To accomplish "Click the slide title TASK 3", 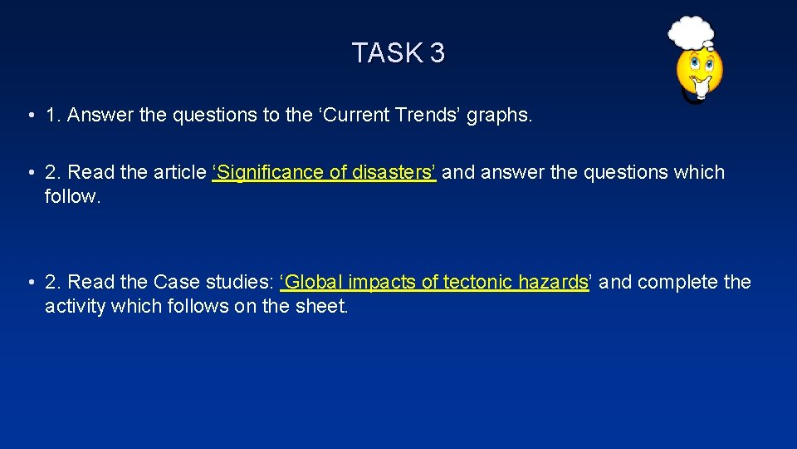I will pyautogui.click(x=398, y=53).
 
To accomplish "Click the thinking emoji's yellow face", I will pyautogui.click(x=700, y=70).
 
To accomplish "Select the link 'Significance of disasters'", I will pyautogui.click(x=324, y=173).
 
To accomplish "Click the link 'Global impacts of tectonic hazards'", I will pyautogui.click(x=435, y=283).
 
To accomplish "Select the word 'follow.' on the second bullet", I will pyautogui.click(x=73, y=196).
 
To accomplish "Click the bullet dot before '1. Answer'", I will pyautogui.click(x=29, y=116).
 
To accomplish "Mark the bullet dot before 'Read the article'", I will pyautogui.click(x=29, y=173).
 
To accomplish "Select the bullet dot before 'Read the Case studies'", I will pyautogui.click(x=29, y=283).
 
